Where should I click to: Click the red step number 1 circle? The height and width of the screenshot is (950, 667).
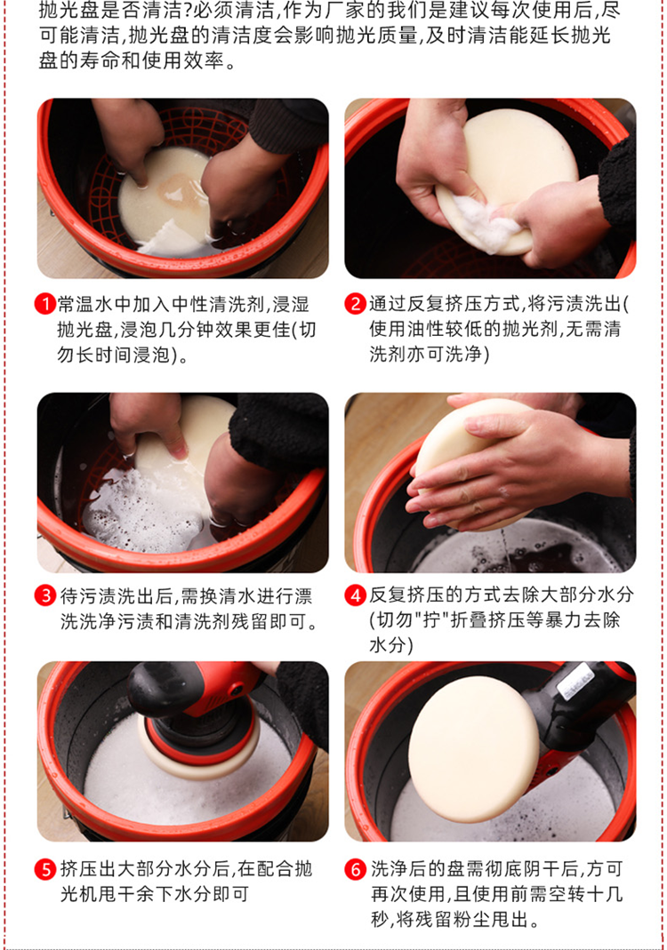click(44, 303)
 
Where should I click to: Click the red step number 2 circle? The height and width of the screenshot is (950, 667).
click(356, 303)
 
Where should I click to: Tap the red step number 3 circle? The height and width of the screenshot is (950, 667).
click(44, 595)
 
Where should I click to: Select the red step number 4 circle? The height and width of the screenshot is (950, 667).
click(356, 595)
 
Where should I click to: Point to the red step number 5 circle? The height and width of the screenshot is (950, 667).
click(44, 869)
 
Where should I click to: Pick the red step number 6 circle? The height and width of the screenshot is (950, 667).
click(356, 869)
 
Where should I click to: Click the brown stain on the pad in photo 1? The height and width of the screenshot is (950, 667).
click(180, 191)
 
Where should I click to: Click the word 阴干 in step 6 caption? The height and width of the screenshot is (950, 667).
click(542, 869)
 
